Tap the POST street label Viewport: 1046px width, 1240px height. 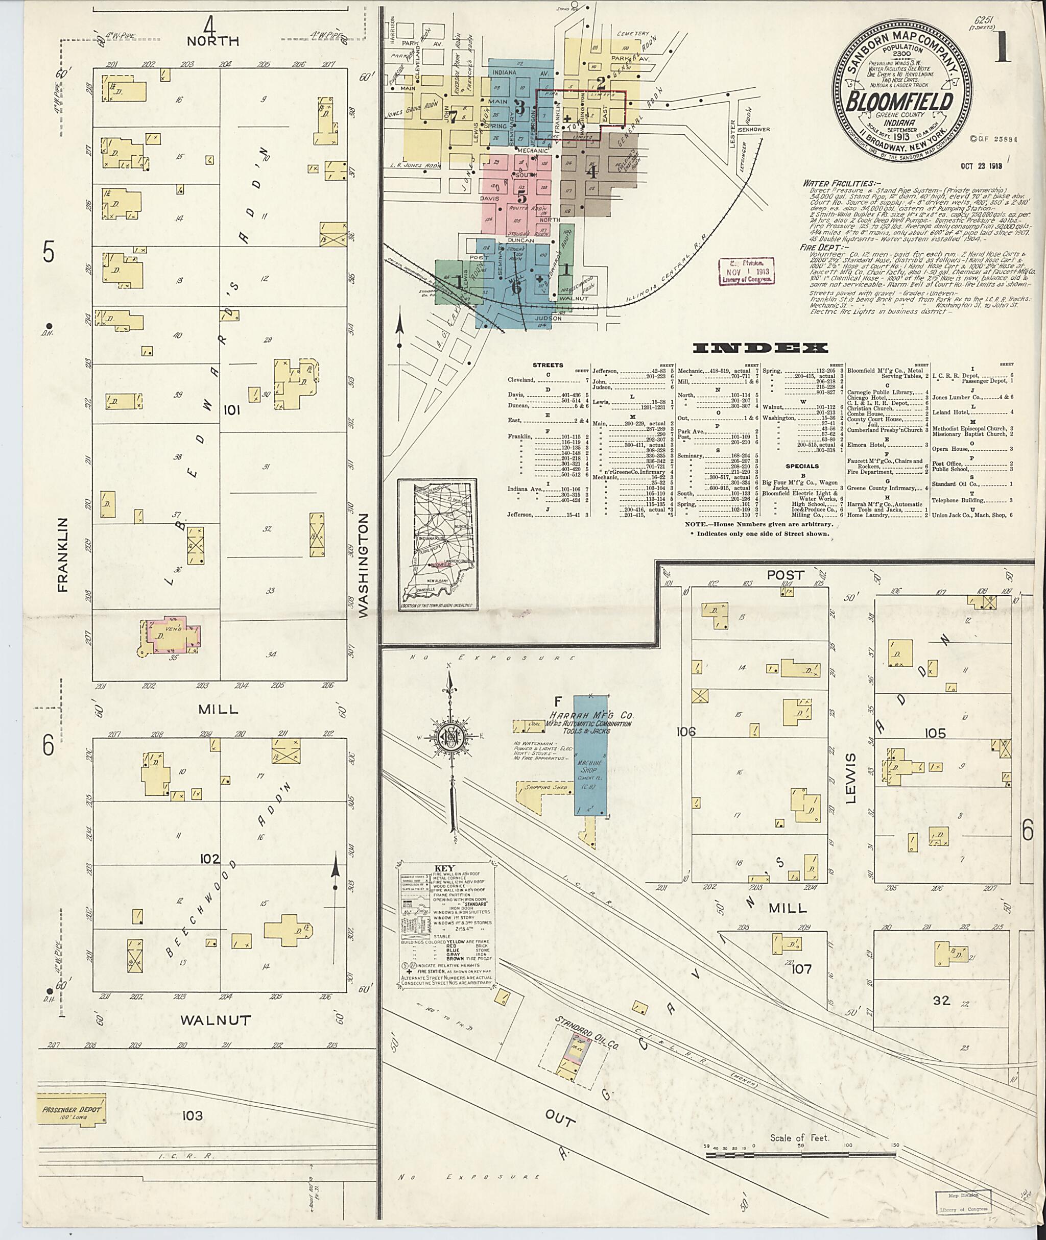(785, 574)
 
